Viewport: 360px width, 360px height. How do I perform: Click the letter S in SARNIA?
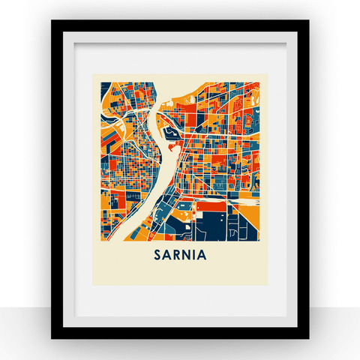(x=157, y=254)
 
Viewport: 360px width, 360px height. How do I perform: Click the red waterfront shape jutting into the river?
(x=173, y=148)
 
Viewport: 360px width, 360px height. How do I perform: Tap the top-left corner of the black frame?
(x=52, y=22)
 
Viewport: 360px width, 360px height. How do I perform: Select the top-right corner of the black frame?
(x=307, y=22)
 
